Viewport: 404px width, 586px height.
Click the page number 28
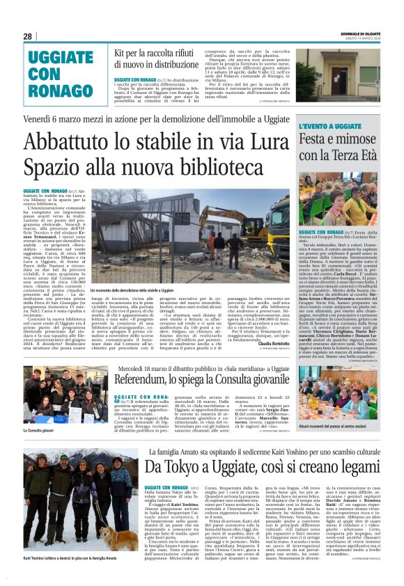pyautogui.click(x=28, y=36)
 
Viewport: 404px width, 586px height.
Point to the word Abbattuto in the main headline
pyautogui.click(x=70, y=141)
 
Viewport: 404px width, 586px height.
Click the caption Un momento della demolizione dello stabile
pyautogui.click(x=132, y=289)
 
